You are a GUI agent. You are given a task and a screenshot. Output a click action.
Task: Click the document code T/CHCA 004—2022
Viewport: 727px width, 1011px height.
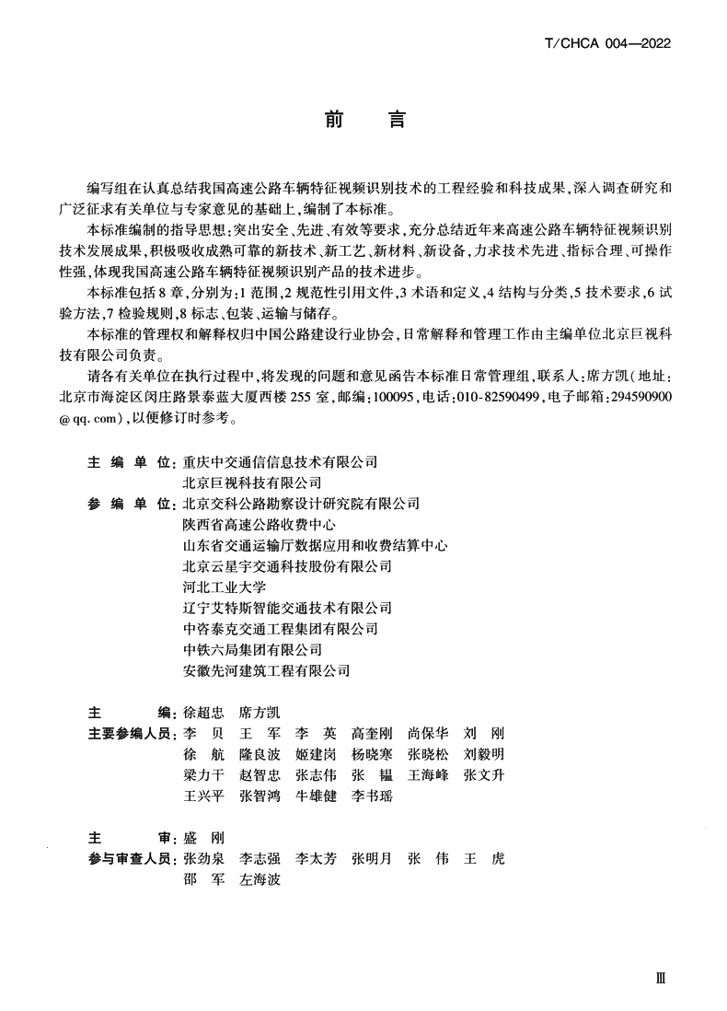(607, 42)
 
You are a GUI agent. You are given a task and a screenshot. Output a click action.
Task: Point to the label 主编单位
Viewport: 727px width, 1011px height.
(130, 462)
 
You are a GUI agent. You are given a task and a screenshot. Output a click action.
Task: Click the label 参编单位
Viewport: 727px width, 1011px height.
(130, 504)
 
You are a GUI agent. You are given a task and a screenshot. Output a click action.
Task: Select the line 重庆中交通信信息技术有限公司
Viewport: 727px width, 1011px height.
(281, 462)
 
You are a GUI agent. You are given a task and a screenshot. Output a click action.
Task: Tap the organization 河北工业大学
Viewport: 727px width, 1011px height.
(225, 587)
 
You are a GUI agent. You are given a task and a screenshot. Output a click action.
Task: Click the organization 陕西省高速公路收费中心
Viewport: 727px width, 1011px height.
(260, 525)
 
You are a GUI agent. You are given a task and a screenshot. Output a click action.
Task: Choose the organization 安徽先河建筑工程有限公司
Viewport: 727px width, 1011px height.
(267, 670)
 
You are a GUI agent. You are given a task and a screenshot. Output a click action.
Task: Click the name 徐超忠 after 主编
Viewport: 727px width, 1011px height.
(204, 713)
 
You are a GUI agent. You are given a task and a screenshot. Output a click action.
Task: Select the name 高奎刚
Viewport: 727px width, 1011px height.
(372, 734)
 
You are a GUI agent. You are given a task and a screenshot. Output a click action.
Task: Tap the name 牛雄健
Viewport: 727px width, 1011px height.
(316, 796)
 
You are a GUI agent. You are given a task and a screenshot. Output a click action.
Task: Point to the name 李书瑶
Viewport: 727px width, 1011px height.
(372, 796)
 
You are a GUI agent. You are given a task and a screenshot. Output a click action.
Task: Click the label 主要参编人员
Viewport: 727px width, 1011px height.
(130, 734)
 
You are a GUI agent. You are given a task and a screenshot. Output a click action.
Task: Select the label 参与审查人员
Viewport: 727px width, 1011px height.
(130, 858)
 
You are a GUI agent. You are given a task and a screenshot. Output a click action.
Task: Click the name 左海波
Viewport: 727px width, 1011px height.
(260, 879)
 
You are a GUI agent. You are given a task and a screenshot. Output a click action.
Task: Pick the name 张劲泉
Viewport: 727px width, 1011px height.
(204, 858)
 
